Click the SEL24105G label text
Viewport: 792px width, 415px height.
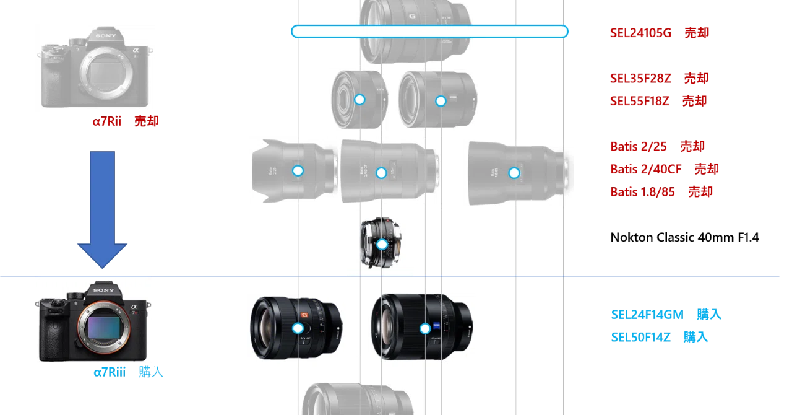[x=640, y=33]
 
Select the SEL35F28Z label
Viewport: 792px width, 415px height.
[x=640, y=78]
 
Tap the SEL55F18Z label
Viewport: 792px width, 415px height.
[x=640, y=101]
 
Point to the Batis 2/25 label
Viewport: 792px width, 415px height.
[x=638, y=146]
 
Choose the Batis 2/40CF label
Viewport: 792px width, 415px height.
[x=645, y=169]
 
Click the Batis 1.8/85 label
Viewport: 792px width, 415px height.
[x=642, y=191]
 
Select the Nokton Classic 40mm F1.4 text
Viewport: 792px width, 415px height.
[x=684, y=237]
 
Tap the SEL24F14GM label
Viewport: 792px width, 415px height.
[x=647, y=315]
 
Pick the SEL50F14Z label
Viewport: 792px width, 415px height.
[x=640, y=337]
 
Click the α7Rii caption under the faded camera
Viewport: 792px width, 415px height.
[x=107, y=121]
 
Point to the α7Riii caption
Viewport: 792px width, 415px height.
[x=110, y=372]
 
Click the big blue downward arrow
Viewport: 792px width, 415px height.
[x=102, y=209]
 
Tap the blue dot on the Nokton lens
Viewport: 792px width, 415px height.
[x=382, y=244]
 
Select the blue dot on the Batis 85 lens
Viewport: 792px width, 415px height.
[x=514, y=173]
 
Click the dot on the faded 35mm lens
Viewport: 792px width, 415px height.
[x=359, y=100]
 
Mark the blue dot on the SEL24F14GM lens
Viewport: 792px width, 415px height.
[x=298, y=328]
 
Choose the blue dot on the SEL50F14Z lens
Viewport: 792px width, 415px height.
[x=425, y=329]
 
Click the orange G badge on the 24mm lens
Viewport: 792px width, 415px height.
[x=304, y=315]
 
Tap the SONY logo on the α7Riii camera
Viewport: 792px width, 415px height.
[x=103, y=290]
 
